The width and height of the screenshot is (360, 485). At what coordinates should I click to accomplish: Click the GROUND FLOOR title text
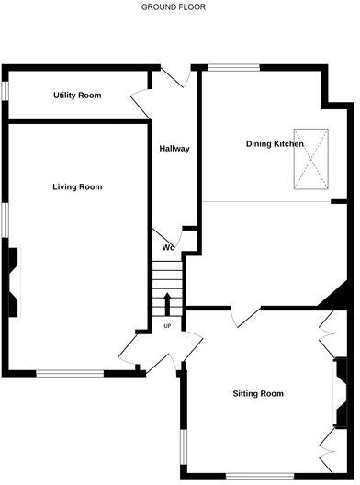(x=173, y=6)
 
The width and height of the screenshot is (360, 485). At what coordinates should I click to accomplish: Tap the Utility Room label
(x=77, y=96)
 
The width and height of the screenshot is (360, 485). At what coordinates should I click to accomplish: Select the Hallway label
(x=174, y=149)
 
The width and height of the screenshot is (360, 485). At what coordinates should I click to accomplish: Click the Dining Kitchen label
(x=275, y=144)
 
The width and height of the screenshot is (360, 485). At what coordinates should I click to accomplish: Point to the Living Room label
(x=77, y=186)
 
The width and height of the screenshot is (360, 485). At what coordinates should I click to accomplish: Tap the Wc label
(x=168, y=247)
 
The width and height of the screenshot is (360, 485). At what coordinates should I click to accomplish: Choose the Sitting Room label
(x=257, y=394)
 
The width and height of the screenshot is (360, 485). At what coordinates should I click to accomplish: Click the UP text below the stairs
(x=167, y=326)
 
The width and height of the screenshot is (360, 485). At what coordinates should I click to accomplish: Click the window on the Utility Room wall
(x=4, y=93)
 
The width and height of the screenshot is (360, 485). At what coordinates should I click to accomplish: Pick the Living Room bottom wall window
(x=71, y=373)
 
